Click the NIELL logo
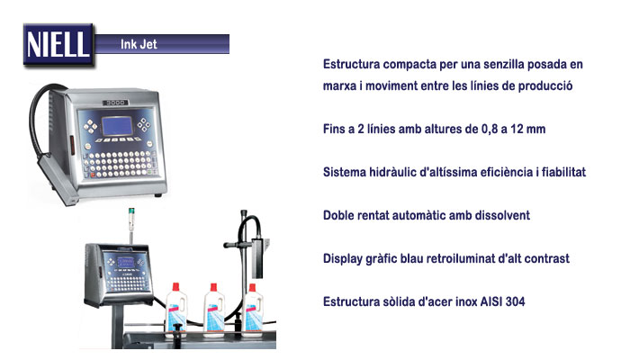click(x=58, y=45)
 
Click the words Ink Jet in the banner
click(x=139, y=44)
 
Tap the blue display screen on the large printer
click(x=117, y=126)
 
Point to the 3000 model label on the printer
click(x=115, y=103)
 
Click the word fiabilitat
click(x=563, y=172)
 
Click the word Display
click(x=343, y=259)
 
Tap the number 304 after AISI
click(x=515, y=301)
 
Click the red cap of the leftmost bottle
click(x=175, y=287)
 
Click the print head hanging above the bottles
click(x=257, y=257)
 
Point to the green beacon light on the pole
click(x=131, y=211)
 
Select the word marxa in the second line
click(x=339, y=86)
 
